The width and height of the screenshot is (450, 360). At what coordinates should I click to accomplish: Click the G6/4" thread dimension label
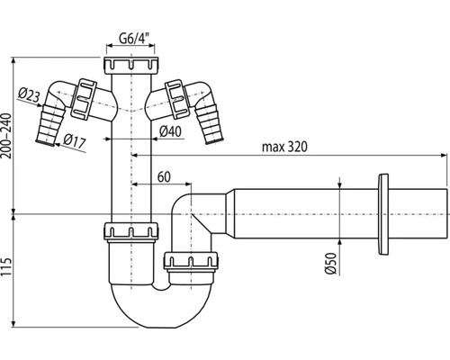(x=134, y=38)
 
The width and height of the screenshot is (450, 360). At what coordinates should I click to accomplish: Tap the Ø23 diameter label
(x=29, y=94)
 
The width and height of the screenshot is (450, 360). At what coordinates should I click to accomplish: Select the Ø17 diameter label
(x=75, y=140)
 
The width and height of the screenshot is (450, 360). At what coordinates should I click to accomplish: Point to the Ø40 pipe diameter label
(x=170, y=131)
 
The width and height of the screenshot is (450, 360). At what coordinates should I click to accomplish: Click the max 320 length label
(x=284, y=147)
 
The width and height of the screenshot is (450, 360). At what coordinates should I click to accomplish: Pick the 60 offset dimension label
(x=164, y=177)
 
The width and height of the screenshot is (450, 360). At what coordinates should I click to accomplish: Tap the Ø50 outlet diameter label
(x=330, y=263)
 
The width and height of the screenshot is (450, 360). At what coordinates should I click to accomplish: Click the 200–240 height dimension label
(x=6, y=136)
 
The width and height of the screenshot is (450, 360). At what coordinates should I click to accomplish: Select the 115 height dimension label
(x=6, y=267)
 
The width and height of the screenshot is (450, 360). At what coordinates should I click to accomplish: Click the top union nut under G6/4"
(x=131, y=66)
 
